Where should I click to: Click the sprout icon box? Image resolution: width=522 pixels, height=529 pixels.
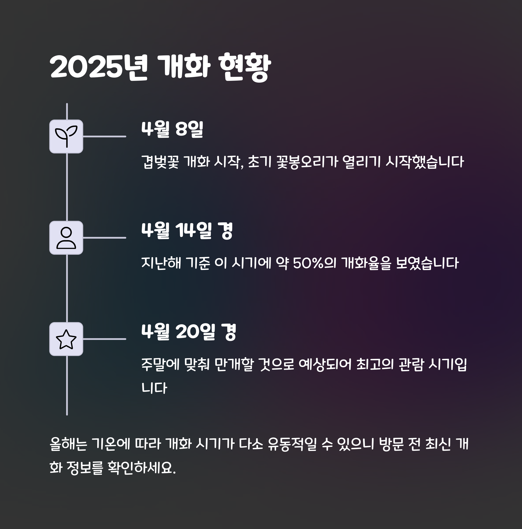pos(66,136)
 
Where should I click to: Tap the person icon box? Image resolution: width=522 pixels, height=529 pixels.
pos(66,238)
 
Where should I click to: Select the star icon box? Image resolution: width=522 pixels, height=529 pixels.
pos(66,339)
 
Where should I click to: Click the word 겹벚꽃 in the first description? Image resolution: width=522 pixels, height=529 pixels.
pos(160,161)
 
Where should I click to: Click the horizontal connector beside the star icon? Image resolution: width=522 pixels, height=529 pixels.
pos(104,339)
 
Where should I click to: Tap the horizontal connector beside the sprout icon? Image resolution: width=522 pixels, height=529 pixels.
pos(104,136)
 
